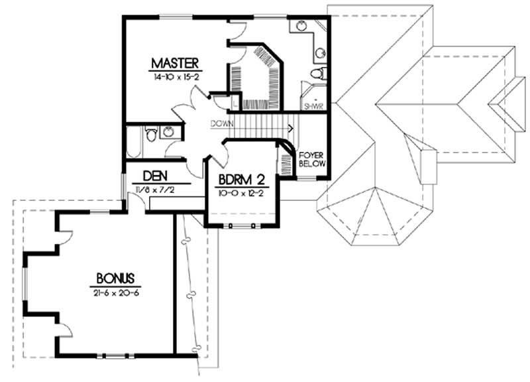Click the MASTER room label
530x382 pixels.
click(x=175, y=64)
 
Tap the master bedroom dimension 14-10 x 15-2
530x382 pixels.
click(x=175, y=77)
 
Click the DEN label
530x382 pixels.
click(x=154, y=176)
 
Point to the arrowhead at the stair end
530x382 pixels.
click(x=291, y=124)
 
